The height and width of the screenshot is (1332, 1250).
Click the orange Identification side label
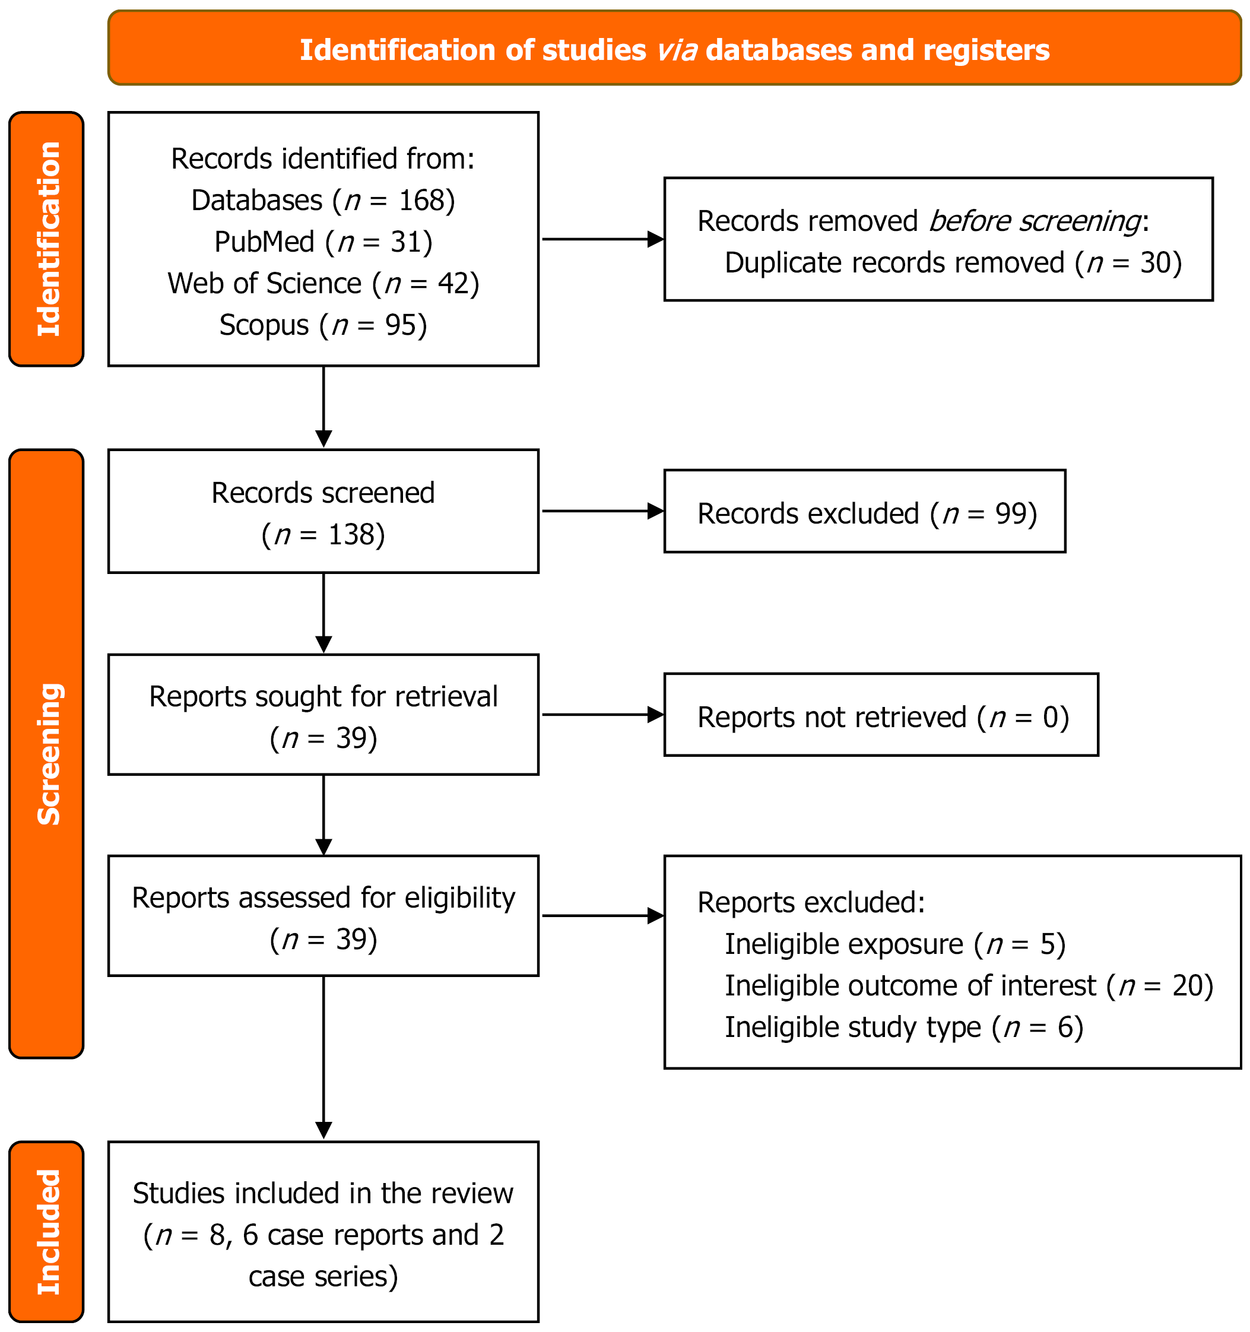46,239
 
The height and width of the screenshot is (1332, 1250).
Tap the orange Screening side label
46,754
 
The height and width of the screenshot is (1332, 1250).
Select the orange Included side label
46,1232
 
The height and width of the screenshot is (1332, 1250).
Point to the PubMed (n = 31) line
323,242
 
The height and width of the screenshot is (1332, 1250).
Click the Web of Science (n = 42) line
323,283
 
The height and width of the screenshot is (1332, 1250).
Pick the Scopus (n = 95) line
323,325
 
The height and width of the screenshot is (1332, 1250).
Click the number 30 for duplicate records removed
1155,262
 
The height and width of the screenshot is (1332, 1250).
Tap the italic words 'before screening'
1035,221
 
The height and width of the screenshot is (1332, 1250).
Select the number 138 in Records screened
350,535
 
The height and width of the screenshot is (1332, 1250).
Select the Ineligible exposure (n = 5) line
894,944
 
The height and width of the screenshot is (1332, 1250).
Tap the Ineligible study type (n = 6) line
903,1027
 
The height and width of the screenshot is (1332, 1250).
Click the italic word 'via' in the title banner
677,50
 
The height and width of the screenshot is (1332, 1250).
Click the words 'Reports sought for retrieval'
323,697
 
